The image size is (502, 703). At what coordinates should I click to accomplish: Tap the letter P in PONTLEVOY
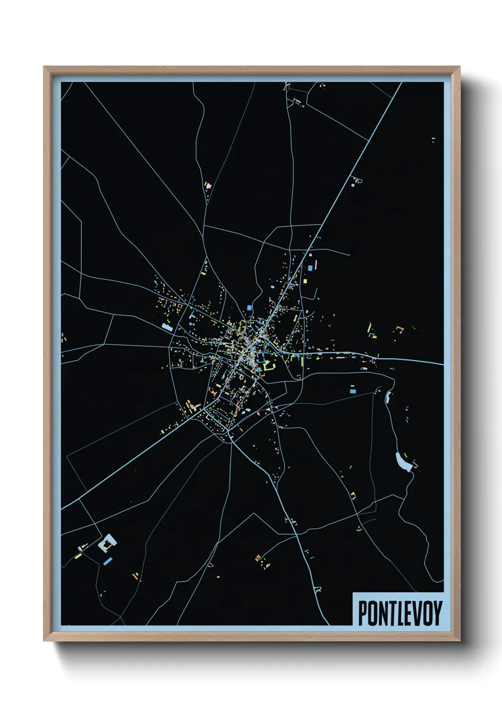(363, 613)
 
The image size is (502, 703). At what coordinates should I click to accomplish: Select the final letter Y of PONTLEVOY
(437, 613)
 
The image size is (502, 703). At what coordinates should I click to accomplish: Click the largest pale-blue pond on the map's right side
(403, 462)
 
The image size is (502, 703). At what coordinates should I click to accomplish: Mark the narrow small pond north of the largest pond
(389, 397)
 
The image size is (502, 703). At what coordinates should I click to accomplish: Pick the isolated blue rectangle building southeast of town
(353, 391)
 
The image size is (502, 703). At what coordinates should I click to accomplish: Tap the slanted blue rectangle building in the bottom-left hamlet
(108, 561)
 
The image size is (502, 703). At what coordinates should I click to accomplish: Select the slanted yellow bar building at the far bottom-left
(78, 555)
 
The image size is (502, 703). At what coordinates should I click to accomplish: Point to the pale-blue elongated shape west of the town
(167, 327)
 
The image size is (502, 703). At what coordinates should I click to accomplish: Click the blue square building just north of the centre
(249, 308)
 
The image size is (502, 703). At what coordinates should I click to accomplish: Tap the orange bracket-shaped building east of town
(399, 328)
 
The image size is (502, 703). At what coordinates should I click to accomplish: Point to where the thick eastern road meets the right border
(443, 364)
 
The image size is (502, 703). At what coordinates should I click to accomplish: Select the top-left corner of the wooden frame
(44, 67)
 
